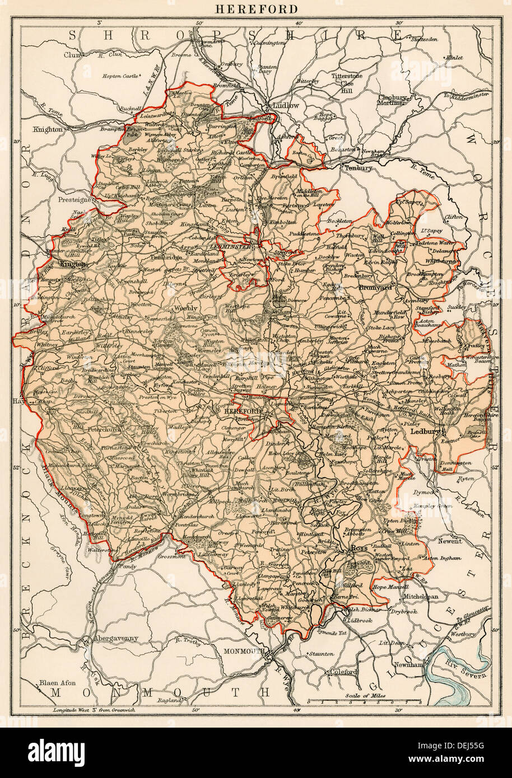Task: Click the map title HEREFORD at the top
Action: tap(256, 9)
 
